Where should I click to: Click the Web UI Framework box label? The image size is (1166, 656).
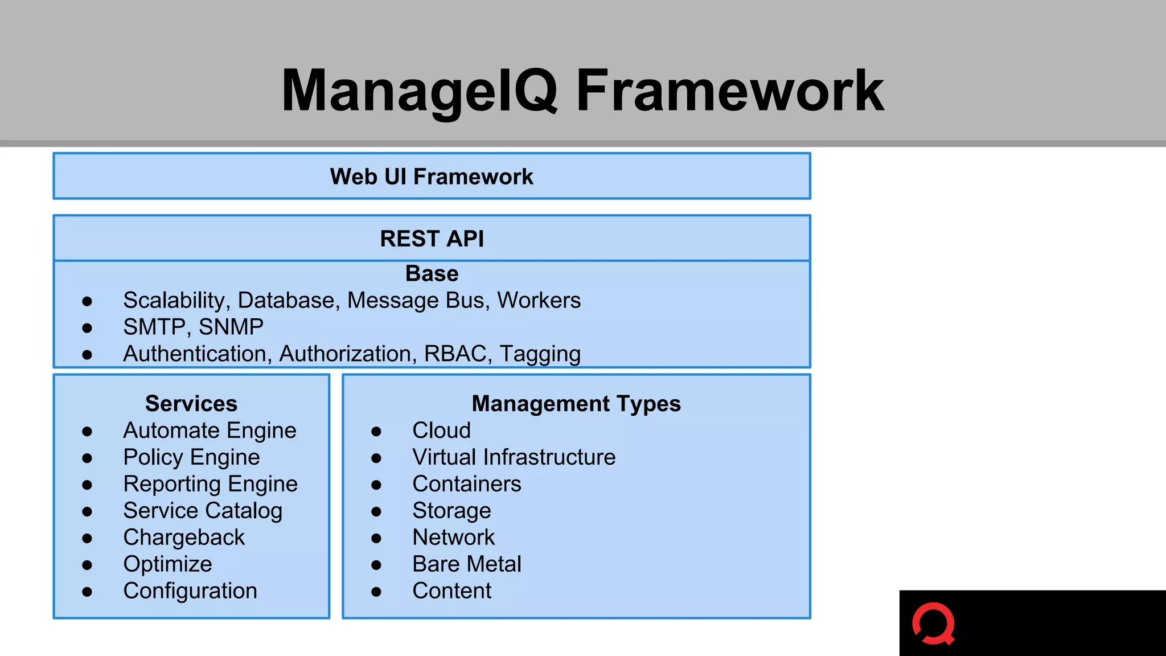432,177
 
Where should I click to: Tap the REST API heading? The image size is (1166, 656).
432,239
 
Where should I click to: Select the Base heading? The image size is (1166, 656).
432,274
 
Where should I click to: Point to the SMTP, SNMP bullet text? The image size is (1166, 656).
193,327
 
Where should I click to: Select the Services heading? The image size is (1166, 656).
191,404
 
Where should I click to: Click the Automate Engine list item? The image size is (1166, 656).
210,430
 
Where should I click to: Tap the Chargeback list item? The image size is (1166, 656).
184,538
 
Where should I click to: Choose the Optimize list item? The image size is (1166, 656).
167,564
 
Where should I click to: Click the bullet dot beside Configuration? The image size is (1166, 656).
87,592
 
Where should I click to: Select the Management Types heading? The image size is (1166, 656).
576,404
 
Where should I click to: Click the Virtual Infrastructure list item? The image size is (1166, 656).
514,457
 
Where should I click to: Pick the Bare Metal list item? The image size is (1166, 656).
466,564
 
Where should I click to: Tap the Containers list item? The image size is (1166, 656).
466,484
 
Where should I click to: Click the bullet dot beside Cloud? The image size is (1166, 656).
376,432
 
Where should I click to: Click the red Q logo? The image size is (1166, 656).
934,625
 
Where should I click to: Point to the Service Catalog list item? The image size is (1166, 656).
203,511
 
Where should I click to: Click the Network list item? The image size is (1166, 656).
453,538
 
